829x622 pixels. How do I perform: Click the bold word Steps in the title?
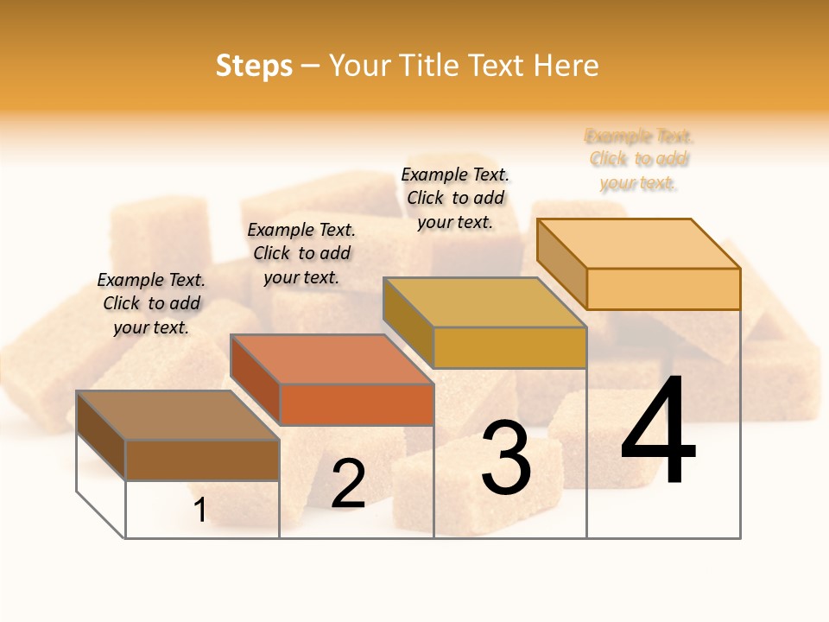click(254, 66)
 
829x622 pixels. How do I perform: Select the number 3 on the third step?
click(506, 458)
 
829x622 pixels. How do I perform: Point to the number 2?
click(348, 484)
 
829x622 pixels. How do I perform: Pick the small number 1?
click(200, 510)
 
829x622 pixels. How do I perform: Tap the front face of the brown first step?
click(202, 460)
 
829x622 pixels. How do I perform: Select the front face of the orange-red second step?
click(357, 404)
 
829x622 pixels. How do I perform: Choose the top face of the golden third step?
click(485, 302)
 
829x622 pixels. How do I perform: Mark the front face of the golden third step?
click(509, 347)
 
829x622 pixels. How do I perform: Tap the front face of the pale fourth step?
click(663, 289)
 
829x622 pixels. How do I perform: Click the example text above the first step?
click(151, 303)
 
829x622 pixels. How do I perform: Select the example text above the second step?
click(301, 253)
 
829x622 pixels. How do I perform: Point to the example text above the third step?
click(455, 198)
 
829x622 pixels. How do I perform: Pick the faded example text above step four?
click(639, 159)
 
